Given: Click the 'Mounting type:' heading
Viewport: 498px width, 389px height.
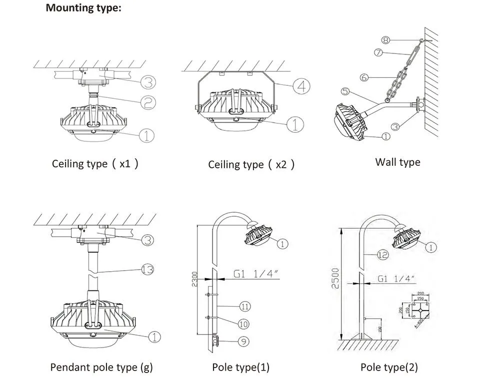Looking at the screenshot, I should (83, 8).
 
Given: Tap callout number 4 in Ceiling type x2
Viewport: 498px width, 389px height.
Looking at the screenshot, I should (301, 86).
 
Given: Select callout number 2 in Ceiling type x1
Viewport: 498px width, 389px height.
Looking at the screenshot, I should (148, 103).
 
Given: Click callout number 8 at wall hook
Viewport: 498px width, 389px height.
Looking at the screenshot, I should (385, 39).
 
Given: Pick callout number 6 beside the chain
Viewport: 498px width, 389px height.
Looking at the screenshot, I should (364, 77).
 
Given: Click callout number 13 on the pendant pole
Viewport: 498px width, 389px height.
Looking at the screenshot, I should (147, 270).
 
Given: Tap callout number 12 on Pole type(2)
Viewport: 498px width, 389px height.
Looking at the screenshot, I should (382, 255).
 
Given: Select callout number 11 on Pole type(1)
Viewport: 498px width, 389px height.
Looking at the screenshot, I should (245, 306).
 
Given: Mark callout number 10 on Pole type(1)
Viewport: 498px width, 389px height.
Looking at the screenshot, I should (243, 324).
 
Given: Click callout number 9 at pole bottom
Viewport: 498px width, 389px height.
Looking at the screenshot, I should (243, 342).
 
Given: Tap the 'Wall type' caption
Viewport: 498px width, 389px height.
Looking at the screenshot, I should (397, 162).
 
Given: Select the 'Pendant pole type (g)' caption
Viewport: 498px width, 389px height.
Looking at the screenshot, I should (101, 367).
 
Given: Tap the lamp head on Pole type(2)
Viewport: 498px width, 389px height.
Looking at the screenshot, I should (406, 237).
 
